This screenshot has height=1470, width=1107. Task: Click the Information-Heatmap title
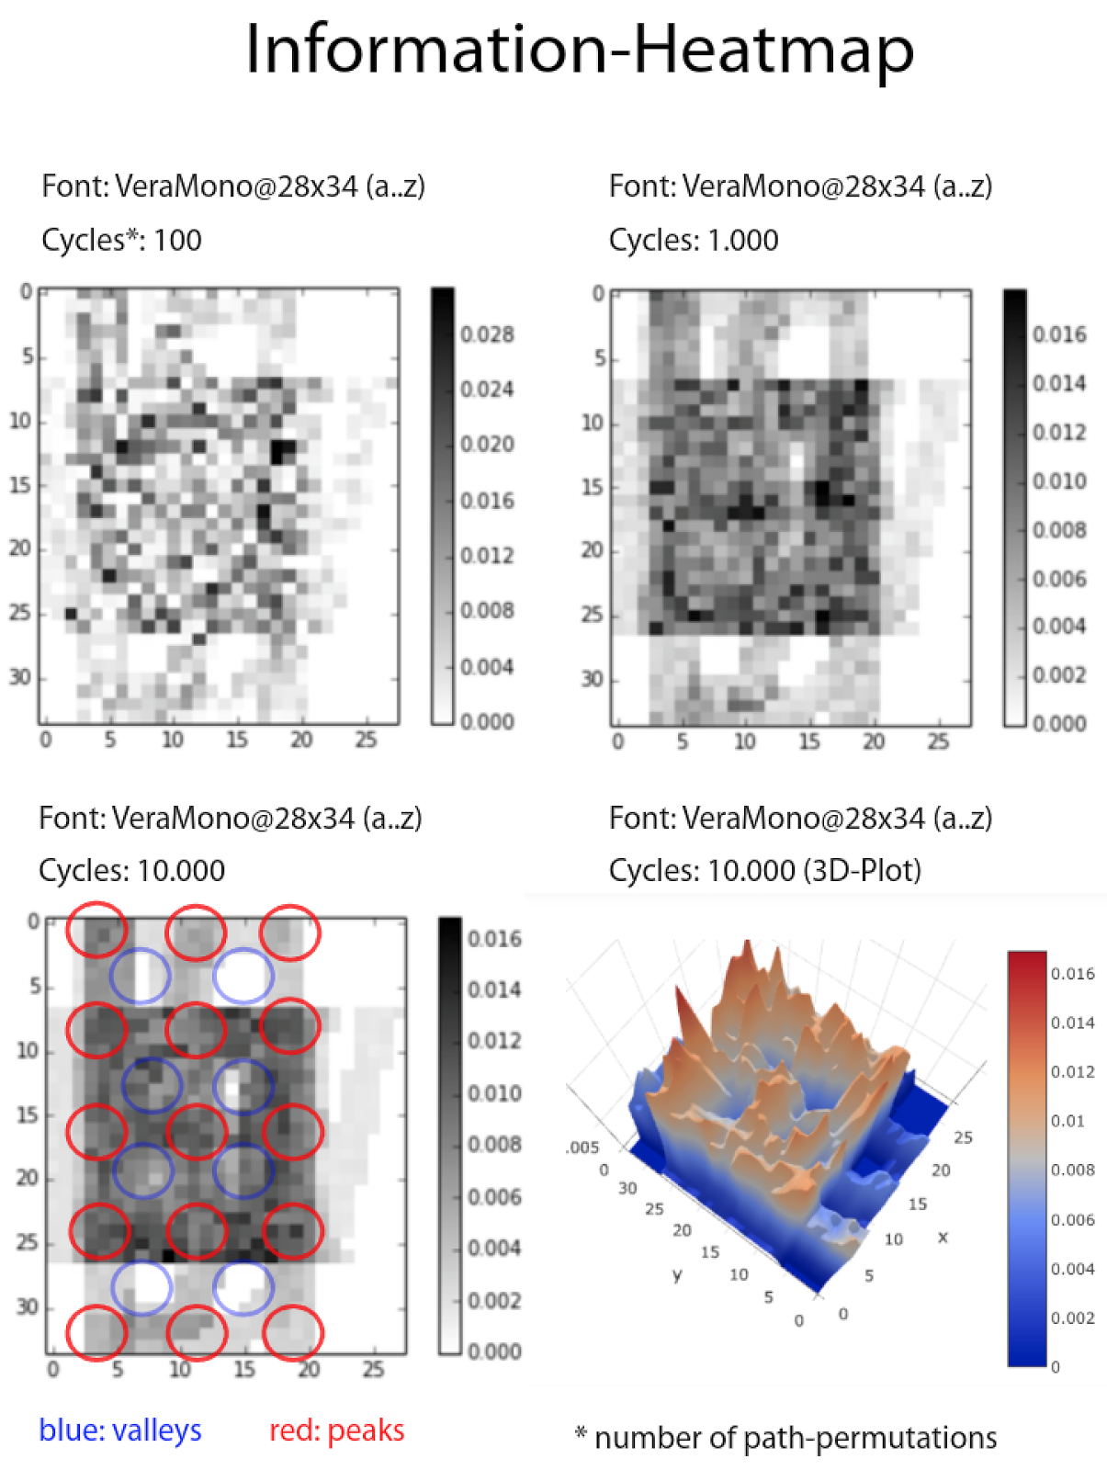(x=580, y=50)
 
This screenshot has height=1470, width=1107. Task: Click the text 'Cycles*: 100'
(x=121, y=241)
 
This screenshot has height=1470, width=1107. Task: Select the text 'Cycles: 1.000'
(x=694, y=241)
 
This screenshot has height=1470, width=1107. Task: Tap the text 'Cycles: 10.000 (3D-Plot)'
(x=764, y=870)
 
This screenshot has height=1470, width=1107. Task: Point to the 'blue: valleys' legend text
(x=120, y=1430)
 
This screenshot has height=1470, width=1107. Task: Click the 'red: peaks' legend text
(x=336, y=1430)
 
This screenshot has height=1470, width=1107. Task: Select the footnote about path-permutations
(x=786, y=1438)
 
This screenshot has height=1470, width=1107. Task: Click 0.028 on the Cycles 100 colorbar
(x=487, y=334)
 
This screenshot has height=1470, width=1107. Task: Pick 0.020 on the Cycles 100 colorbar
(x=487, y=445)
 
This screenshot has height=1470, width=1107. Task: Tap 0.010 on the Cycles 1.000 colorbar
(x=1059, y=481)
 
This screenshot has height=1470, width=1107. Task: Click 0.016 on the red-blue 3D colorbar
(x=1072, y=974)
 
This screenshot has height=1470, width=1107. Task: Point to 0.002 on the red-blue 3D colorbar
(x=1072, y=1318)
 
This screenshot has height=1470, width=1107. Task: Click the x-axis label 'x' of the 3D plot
(x=943, y=1238)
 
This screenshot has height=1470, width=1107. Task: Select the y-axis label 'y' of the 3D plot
(x=677, y=1275)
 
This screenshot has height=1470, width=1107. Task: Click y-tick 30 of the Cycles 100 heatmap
(x=20, y=677)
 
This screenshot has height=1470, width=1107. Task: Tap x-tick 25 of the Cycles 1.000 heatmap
(x=938, y=741)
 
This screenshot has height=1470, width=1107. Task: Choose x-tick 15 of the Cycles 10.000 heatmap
(x=244, y=1370)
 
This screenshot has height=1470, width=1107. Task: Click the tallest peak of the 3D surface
(x=747, y=946)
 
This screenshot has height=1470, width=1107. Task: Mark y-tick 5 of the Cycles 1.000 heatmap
(x=599, y=358)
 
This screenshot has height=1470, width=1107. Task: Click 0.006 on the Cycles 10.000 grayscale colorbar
(x=494, y=1197)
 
